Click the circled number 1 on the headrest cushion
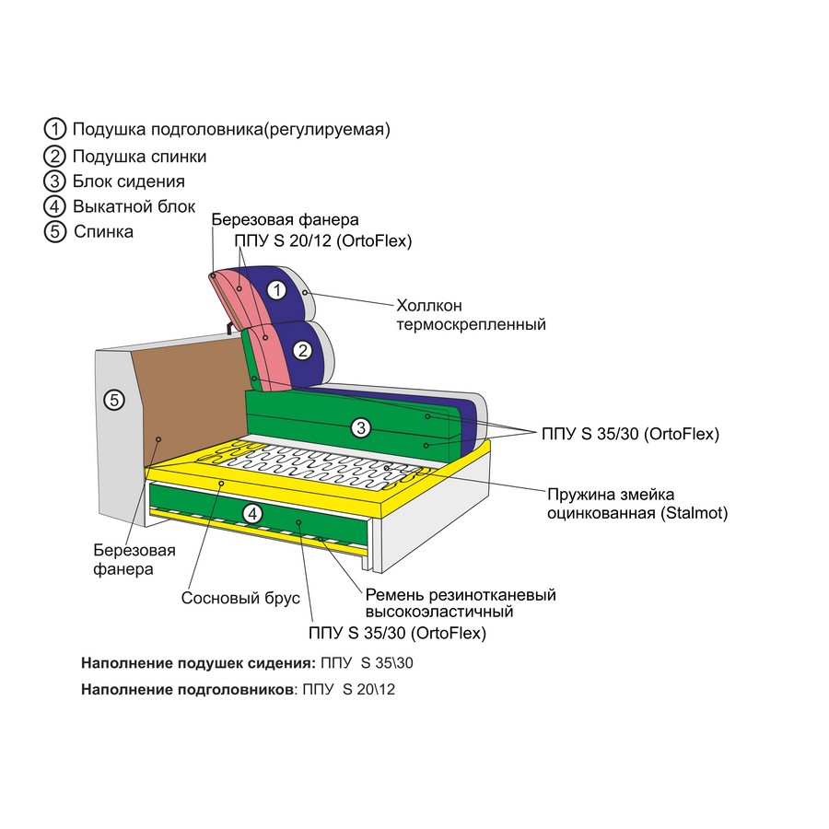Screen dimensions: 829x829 click(276, 290)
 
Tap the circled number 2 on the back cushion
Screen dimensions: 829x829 click(303, 351)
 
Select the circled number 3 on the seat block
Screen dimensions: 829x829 click(361, 427)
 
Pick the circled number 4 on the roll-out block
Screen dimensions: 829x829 click(252, 513)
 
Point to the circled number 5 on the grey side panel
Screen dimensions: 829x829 click(114, 400)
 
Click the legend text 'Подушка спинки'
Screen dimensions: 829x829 click(140, 157)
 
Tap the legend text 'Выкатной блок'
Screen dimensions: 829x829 click(134, 206)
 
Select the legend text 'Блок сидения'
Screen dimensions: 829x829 click(128, 181)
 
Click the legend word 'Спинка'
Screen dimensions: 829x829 click(103, 231)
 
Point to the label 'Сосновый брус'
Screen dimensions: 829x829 click(240, 598)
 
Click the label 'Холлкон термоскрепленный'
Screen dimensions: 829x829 click(471, 315)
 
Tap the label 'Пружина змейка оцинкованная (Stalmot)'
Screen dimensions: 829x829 click(637, 504)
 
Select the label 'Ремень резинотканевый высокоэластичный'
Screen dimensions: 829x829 click(461, 603)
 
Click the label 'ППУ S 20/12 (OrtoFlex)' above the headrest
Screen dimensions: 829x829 click(323, 241)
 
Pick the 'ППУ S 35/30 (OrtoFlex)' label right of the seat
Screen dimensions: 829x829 click(631, 434)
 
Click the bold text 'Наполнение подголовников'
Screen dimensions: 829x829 click(187, 689)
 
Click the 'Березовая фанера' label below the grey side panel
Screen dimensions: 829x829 click(134, 560)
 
